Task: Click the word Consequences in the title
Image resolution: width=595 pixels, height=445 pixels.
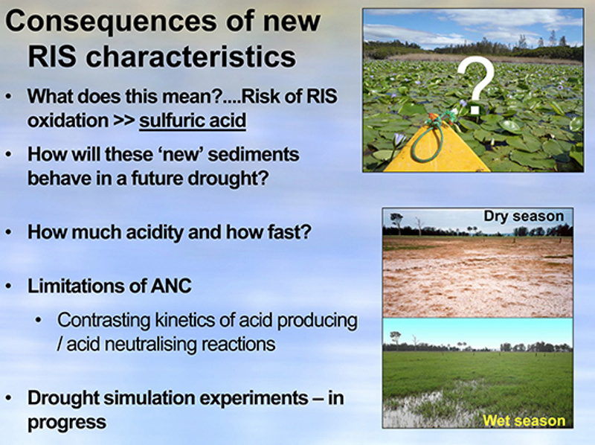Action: point(111,22)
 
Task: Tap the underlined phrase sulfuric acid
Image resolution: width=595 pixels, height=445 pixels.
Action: point(193,121)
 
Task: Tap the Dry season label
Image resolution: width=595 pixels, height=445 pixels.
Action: point(524,216)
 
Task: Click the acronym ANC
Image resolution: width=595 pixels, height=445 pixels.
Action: point(171,286)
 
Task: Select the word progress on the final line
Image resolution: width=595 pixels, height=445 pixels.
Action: point(67,423)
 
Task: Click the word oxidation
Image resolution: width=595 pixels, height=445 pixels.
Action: point(68,121)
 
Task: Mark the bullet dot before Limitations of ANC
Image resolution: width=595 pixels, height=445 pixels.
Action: point(8,286)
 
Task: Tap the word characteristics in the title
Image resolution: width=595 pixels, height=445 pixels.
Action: point(191,57)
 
